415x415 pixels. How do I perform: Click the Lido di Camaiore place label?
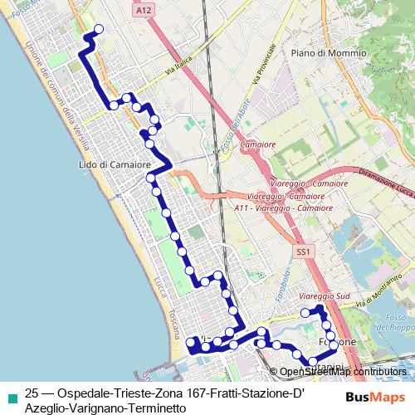(x=114, y=164)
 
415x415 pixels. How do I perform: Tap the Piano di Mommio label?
(x=329, y=52)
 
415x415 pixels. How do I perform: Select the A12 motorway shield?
(x=142, y=9)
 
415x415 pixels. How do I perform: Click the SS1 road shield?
(x=301, y=251)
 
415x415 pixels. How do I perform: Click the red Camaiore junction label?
(x=257, y=144)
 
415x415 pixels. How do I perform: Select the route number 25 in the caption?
(x=32, y=393)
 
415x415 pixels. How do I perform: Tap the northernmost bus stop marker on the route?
(x=99, y=29)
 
